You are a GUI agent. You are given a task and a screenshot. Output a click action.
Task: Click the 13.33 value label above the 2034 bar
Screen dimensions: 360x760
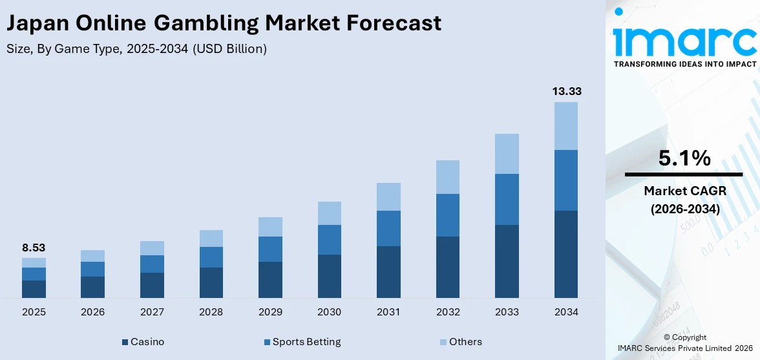coord(566,91)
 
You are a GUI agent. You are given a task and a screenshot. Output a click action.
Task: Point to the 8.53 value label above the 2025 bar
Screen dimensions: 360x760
coord(34,248)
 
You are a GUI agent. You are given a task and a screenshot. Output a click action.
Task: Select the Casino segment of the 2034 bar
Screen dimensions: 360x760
coord(566,254)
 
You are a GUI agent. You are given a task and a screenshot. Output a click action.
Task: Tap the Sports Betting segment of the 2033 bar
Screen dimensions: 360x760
coord(507,199)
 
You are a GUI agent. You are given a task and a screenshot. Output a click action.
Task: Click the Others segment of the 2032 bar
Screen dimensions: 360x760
coord(448,177)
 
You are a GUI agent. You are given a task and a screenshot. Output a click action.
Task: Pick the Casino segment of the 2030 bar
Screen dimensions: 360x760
coord(329,276)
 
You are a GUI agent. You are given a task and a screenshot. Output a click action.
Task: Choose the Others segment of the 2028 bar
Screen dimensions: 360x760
coord(211,238)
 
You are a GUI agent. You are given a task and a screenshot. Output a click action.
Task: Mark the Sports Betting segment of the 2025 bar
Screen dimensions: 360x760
coord(34,274)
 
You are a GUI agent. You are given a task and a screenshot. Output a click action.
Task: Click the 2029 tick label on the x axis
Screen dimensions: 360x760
coord(270,312)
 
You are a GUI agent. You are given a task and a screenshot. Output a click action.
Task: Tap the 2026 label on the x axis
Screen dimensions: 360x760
coord(93,312)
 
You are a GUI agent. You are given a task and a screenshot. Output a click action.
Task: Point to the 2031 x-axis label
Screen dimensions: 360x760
coord(388,312)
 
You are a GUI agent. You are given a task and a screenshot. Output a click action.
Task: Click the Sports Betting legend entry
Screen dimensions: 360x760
coord(301,341)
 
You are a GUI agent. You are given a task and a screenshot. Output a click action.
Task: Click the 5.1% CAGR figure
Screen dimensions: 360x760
coord(684,158)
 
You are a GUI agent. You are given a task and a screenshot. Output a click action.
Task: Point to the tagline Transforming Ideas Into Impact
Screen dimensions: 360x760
coord(684,64)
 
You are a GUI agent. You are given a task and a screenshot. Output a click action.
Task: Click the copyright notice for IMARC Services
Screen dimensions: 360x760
coord(684,343)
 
